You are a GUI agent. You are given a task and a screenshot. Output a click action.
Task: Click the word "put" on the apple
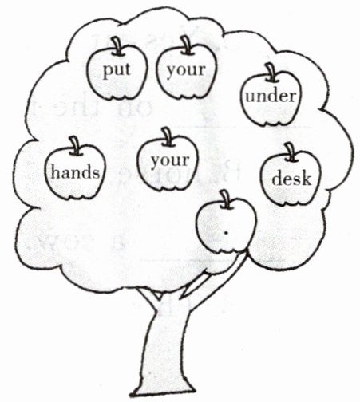(x=117, y=70)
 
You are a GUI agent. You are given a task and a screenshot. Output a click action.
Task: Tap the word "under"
(x=271, y=96)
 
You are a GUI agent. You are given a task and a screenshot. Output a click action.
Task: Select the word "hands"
(x=75, y=171)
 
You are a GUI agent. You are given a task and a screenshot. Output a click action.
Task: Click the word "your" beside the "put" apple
(x=186, y=71)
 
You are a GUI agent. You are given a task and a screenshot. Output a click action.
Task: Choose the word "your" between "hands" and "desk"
(x=170, y=161)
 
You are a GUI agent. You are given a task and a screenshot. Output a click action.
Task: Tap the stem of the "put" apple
(x=117, y=46)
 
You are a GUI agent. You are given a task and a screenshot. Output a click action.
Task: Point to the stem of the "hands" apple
(x=75, y=146)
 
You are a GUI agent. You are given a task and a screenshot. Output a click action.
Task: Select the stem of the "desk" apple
(x=290, y=152)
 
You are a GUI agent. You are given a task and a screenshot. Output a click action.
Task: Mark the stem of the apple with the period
(x=227, y=199)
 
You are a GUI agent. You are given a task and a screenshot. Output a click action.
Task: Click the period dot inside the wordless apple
(x=226, y=233)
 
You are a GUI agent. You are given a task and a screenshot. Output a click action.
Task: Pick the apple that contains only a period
(x=226, y=226)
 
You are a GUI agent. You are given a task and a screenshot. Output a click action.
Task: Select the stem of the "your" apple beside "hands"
(x=168, y=136)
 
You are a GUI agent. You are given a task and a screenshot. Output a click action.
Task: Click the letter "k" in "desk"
(x=307, y=178)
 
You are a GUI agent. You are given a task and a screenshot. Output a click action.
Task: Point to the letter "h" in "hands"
(x=55, y=171)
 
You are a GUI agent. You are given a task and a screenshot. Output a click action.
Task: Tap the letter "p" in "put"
(x=108, y=72)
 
